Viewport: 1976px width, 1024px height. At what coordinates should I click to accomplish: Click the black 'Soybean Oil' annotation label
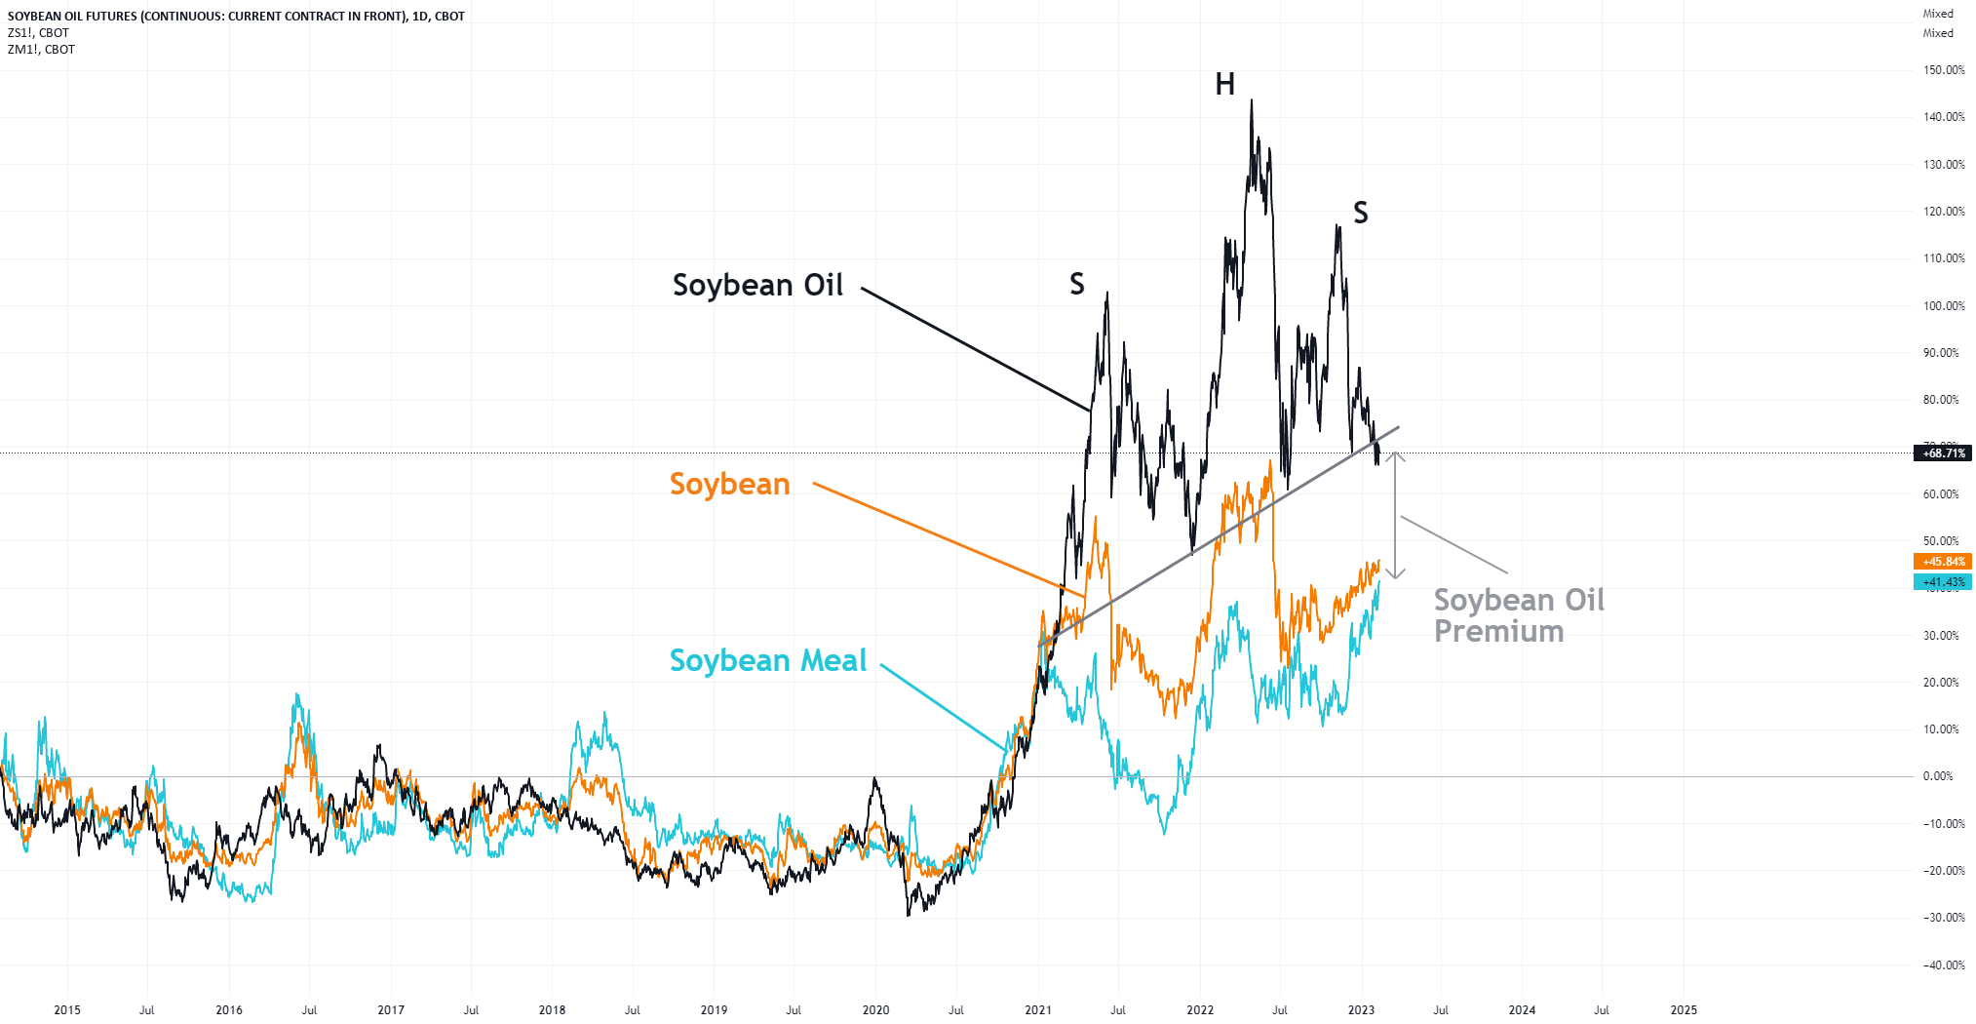coord(757,285)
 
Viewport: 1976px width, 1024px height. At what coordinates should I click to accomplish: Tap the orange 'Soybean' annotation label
coord(729,484)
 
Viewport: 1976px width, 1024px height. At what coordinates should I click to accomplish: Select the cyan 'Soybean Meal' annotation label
coord(767,660)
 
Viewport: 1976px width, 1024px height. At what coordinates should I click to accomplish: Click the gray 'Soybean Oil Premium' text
coord(1517,615)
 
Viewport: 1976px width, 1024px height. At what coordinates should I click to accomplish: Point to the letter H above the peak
coord(1224,85)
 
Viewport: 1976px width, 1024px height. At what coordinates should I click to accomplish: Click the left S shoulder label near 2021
coord(1076,284)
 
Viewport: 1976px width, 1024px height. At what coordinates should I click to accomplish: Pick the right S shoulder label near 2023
coord(1360,213)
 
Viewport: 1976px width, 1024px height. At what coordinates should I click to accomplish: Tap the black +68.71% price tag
coord(1943,453)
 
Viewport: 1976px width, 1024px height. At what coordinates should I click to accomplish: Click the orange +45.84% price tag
coord(1943,562)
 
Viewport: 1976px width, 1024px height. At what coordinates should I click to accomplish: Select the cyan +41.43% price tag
coord(1943,582)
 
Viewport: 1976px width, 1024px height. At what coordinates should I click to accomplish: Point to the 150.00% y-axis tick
coord(1943,70)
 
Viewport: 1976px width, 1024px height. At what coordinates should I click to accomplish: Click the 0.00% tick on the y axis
coord(1937,776)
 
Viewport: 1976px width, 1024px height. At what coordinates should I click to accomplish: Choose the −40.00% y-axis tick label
coord(1943,965)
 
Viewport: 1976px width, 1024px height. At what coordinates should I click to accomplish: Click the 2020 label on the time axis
coord(875,1009)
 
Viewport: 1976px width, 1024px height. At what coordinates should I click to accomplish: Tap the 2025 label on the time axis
coord(1683,1009)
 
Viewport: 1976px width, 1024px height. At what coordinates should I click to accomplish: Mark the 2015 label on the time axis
coord(67,1009)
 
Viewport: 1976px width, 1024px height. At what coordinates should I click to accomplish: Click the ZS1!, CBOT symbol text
coord(38,32)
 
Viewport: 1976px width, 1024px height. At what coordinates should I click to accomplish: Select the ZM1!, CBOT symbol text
coord(41,49)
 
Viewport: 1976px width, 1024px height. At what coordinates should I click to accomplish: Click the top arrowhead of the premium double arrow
coord(1396,454)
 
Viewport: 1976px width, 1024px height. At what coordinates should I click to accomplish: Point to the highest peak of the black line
coord(1252,101)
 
